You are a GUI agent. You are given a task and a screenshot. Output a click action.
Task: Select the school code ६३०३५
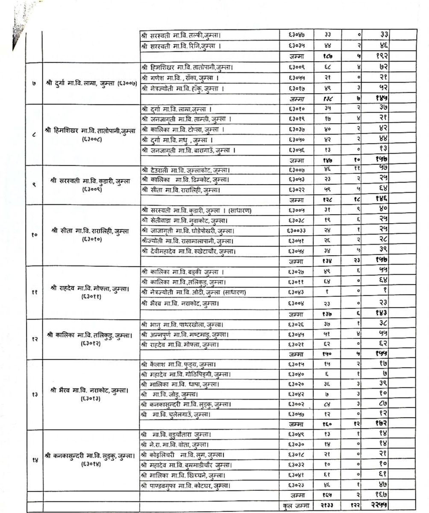pyautogui.click(x=296, y=45)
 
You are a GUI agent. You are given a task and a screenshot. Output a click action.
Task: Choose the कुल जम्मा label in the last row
pyautogui.click(x=296, y=505)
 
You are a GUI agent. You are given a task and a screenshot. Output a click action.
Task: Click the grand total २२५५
pyautogui.click(x=380, y=505)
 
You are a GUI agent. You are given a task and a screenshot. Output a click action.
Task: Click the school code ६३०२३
pyautogui.click(x=296, y=485)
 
